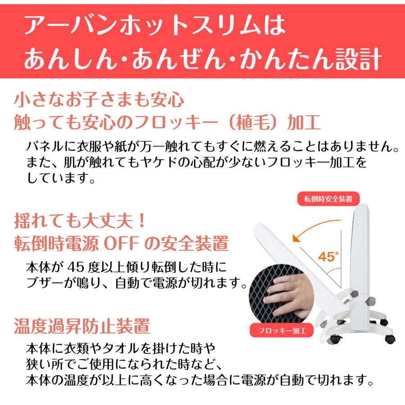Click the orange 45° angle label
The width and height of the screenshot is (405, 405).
coord(328,257)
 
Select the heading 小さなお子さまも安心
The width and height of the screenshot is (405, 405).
coord(99,99)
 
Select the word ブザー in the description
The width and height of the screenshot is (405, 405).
coord(45,283)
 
